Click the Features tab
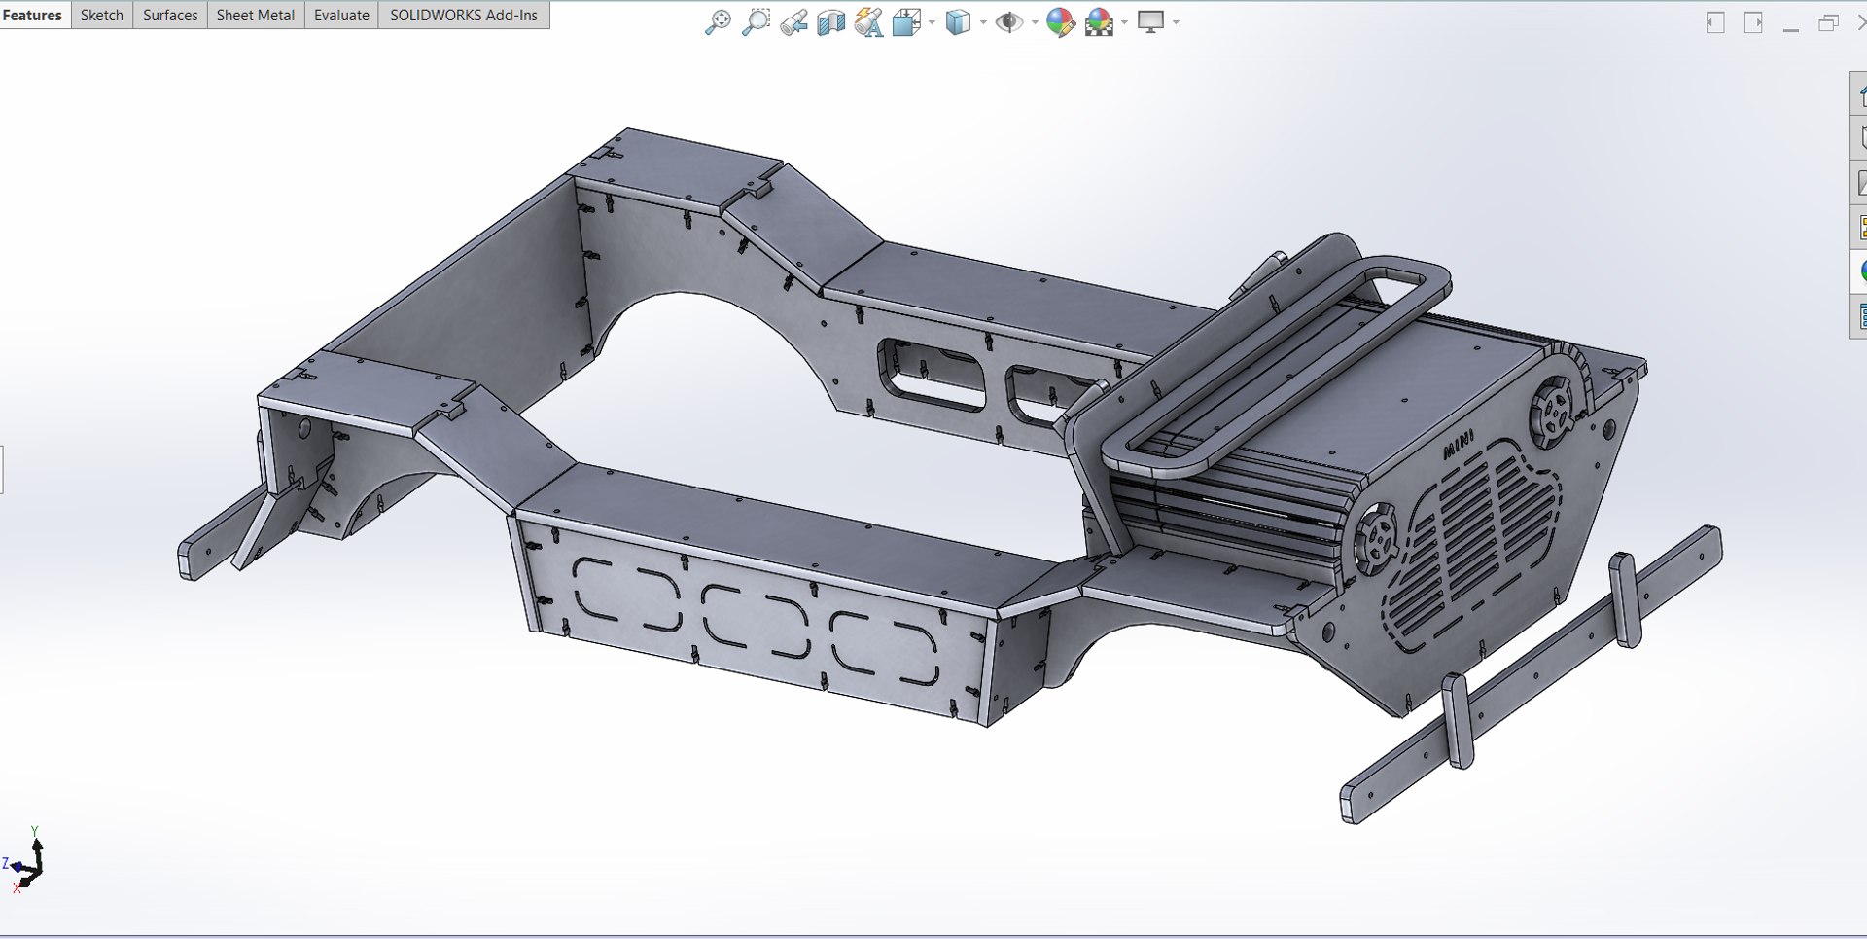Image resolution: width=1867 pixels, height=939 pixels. pos(32,15)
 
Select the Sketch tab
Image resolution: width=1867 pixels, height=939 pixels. pos(101,15)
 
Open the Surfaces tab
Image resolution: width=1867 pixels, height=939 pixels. pos(170,15)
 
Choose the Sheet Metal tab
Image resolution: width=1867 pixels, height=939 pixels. pos(255,15)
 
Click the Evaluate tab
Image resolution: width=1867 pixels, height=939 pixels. pos(341,15)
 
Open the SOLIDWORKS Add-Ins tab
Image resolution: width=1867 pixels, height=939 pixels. pos(463,15)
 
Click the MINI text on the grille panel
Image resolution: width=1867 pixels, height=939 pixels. pos(1458,445)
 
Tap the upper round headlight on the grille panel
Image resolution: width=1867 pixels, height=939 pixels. pos(1553,411)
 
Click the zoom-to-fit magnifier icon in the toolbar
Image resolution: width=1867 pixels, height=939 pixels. pos(717,22)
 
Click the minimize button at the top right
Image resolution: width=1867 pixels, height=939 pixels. pos(1791,23)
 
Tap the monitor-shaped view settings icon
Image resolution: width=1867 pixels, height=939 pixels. pos(1151,22)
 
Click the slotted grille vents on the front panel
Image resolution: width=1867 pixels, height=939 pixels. pos(1478,545)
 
